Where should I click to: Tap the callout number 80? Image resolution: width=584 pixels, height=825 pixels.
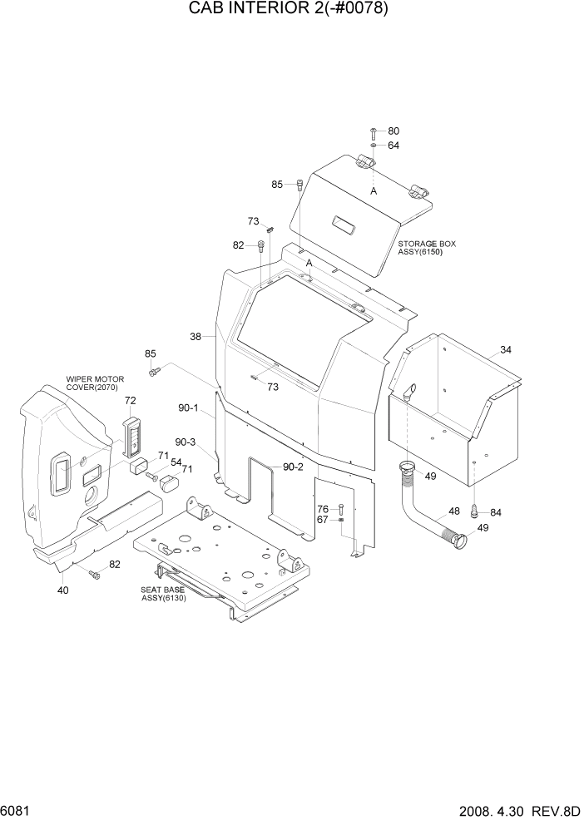(393, 131)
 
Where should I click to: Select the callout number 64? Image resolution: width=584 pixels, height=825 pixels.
(393, 146)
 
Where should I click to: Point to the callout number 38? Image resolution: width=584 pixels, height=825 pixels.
(195, 337)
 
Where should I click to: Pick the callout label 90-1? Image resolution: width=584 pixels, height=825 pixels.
(188, 408)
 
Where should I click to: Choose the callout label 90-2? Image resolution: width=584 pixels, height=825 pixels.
(293, 467)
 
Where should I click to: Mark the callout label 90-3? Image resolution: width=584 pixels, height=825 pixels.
(186, 442)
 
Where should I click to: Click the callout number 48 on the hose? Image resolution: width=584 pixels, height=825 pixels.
(454, 511)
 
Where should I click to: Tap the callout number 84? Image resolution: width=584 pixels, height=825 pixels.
(496, 511)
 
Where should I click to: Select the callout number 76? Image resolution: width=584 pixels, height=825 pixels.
(322, 509)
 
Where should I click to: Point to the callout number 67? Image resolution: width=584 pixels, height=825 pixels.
(322, 521)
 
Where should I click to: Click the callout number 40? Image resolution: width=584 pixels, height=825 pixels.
(62, 590)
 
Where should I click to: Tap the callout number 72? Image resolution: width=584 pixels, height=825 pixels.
(130, 401)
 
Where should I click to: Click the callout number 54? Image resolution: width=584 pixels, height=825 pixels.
(176, 462)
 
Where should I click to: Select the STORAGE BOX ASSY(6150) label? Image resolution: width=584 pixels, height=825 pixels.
(427, 248)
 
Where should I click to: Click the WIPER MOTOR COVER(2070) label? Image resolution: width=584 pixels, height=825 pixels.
(92, 383)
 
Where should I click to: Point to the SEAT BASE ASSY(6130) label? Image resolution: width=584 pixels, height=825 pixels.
(163, 593)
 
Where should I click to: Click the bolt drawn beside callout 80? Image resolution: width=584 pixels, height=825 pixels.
(373, 132)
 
